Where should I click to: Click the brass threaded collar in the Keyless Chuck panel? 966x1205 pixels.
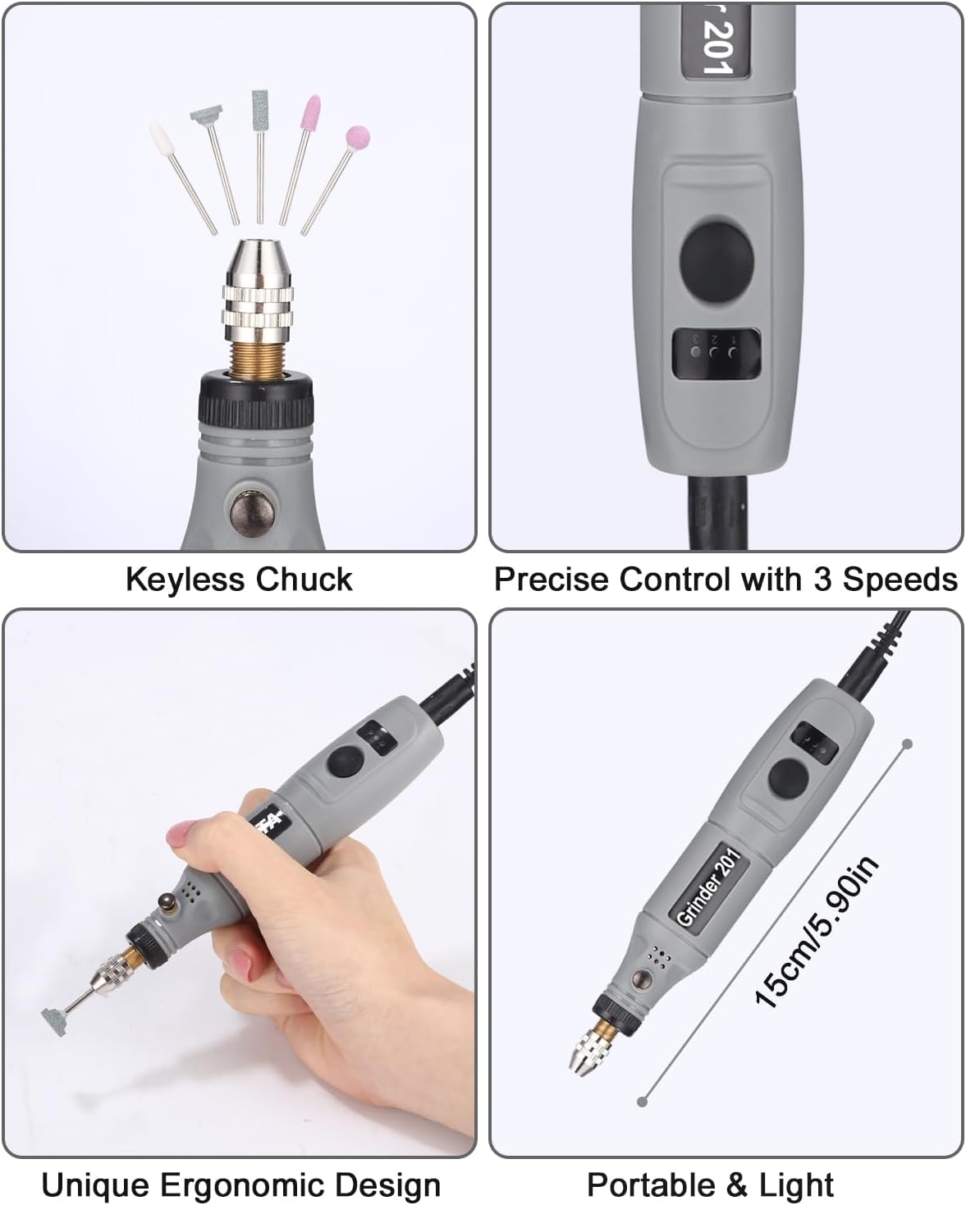(257, 358)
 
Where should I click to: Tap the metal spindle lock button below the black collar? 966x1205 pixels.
(253, 511)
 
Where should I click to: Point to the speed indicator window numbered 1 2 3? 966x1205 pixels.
(716, 353)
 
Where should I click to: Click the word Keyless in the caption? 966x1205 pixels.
(184, 580)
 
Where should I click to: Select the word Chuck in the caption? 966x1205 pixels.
(304, 579)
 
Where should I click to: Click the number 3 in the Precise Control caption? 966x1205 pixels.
(822, 579)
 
